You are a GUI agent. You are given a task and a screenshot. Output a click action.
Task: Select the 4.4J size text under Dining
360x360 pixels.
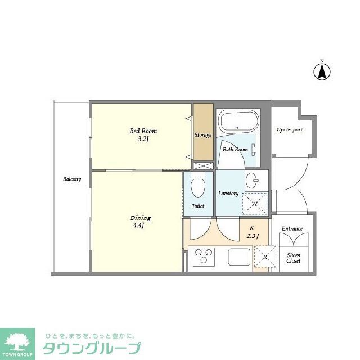pos(139,226)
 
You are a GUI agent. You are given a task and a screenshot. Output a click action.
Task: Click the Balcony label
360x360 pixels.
pos(71,179)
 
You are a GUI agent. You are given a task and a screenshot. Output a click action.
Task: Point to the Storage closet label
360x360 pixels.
pos(203,135)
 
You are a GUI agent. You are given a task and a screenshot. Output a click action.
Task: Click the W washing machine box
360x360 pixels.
pos(255,203)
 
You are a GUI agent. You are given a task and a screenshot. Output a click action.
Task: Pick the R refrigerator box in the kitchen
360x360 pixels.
pos(265,256)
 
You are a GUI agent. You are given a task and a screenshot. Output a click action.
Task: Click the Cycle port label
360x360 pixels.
pos(290,129)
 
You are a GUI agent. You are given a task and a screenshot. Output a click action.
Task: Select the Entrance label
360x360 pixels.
pos(292,228)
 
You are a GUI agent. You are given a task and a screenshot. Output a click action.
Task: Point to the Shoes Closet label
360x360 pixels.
pos(293,258)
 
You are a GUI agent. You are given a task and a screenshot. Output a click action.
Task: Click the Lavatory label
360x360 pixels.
pos(228,193)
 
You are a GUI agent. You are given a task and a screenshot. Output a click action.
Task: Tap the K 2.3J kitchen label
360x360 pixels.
pos(251,232)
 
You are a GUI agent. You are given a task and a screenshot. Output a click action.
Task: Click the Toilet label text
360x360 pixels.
pos(197,206)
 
